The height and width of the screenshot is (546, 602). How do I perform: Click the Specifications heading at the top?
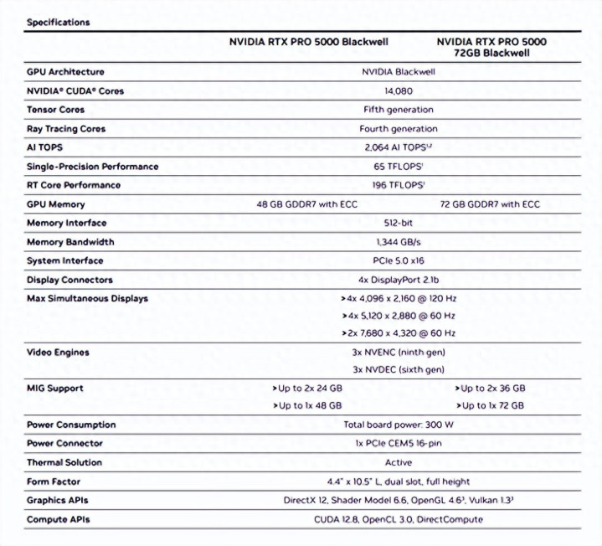(58, 23)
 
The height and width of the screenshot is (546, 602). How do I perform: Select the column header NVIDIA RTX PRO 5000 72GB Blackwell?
(491, 47)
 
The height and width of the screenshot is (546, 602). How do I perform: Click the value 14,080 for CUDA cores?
(398, 90)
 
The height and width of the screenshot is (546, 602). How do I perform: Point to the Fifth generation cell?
(398, 110)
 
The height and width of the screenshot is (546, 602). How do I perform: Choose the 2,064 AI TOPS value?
(398, 147)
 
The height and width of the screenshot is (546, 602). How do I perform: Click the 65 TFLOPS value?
(398, 167)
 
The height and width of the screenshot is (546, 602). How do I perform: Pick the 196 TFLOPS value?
(398, 185)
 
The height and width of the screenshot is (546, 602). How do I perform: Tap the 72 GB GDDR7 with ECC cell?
(490, 204)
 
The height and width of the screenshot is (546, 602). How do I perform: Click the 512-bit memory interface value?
(398, 224)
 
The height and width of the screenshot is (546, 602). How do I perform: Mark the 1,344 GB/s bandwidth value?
(398, 242)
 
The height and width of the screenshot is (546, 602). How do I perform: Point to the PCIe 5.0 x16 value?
(398, 261)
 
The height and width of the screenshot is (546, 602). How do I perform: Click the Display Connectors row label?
(69, 280)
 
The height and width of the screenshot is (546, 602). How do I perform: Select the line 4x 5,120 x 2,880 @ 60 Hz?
(398, 317)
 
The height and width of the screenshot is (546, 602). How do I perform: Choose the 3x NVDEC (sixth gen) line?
(398, 369)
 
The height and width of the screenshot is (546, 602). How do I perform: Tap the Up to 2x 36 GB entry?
(490, 389)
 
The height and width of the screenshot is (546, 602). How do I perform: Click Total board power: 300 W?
(398, 425)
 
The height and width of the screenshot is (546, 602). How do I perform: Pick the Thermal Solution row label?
(64, 462)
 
